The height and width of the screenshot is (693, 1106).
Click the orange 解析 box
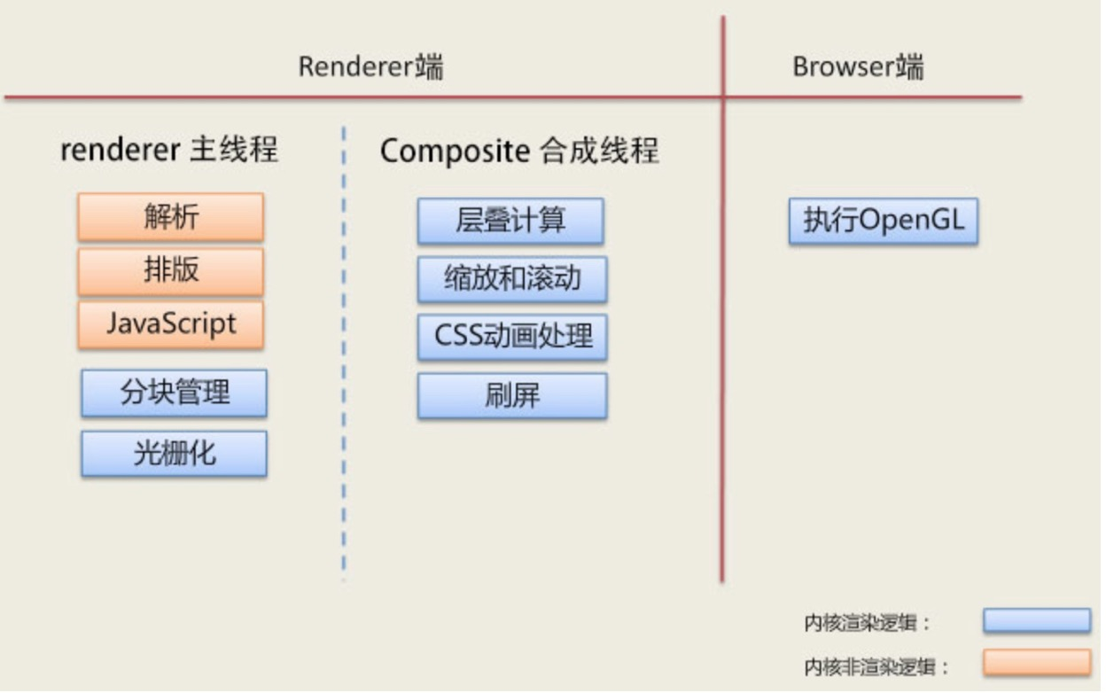171,217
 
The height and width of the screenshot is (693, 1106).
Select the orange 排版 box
171,271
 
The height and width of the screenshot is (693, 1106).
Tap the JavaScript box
171,325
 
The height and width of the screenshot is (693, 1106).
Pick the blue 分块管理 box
175,393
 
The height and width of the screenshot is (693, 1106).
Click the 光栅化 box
175,454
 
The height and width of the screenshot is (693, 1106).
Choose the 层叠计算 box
510,222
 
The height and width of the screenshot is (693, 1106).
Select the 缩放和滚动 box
512,279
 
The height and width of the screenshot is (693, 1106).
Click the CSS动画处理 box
512,337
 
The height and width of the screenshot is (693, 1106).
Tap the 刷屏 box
512,396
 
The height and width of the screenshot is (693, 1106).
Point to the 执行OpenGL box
884,222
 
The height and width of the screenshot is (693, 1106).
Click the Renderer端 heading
370,66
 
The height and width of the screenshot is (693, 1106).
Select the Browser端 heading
858,66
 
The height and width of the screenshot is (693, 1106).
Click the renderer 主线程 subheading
169,150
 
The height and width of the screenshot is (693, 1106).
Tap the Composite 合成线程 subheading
519,151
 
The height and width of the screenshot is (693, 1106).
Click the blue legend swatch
1037,620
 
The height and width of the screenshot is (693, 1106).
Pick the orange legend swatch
1037,662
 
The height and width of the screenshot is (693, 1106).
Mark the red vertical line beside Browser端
722,300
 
